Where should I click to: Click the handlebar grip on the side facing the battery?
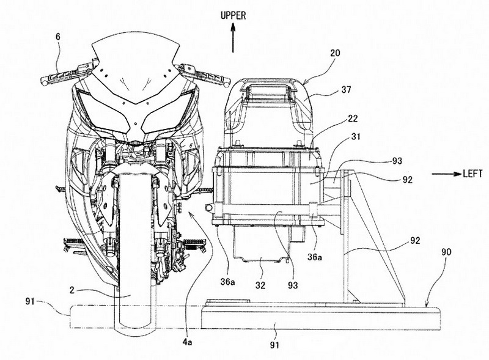194,72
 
